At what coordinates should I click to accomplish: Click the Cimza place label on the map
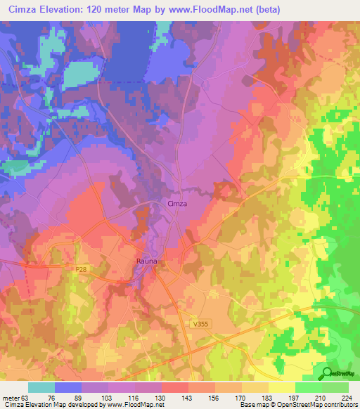click(177, 203)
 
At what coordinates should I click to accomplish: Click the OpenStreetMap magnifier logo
click(328, 374)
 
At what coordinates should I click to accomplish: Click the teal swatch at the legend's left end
click(41, 388)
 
